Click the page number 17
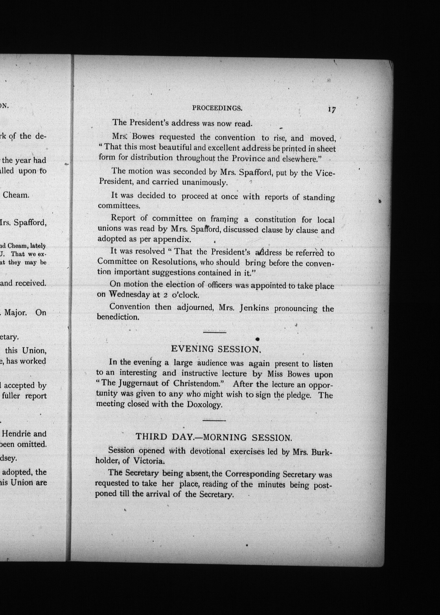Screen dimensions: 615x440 332,109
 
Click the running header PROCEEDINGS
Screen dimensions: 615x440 217,108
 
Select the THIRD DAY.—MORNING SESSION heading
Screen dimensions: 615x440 214,437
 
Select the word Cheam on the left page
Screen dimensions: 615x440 16,195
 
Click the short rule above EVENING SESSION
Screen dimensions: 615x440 215,332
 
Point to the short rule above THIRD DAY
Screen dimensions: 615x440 214,420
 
